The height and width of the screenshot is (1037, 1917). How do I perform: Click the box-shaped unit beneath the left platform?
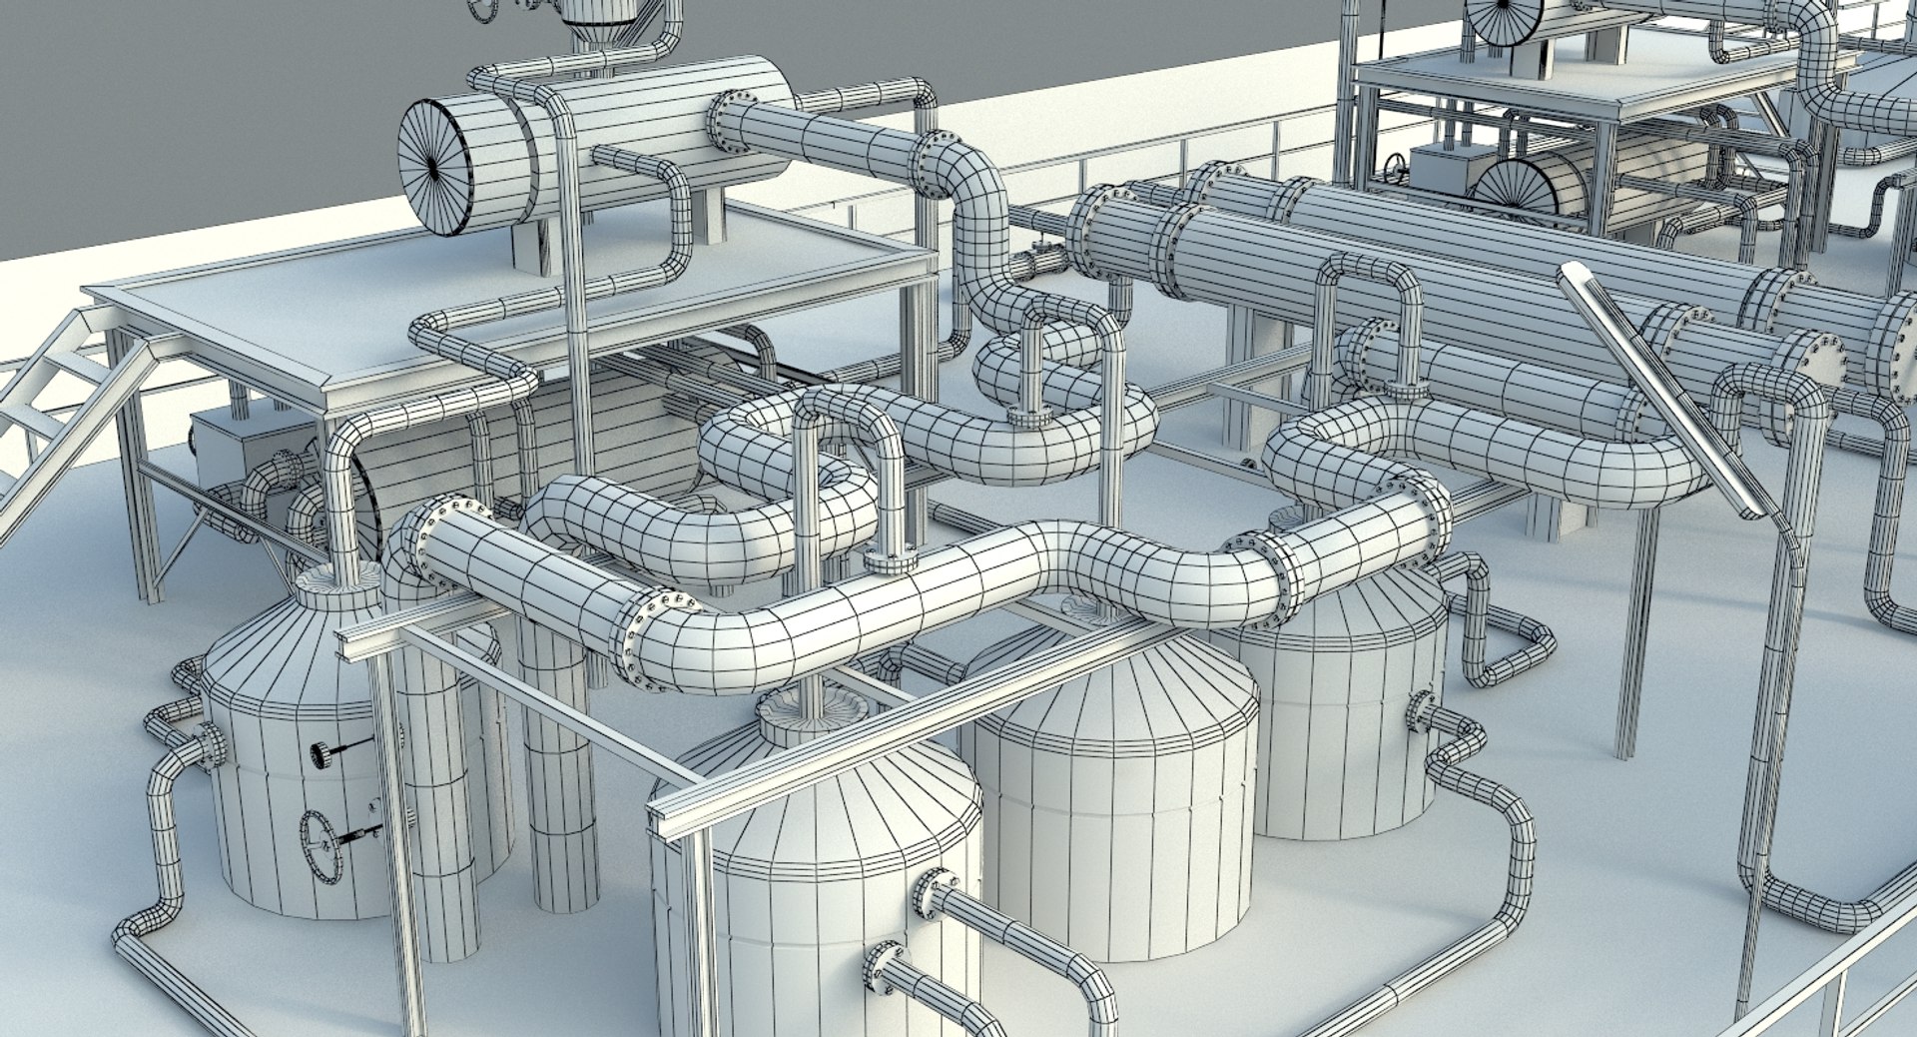coord(230,450)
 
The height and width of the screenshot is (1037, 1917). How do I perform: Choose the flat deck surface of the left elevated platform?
coord(519,280)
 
